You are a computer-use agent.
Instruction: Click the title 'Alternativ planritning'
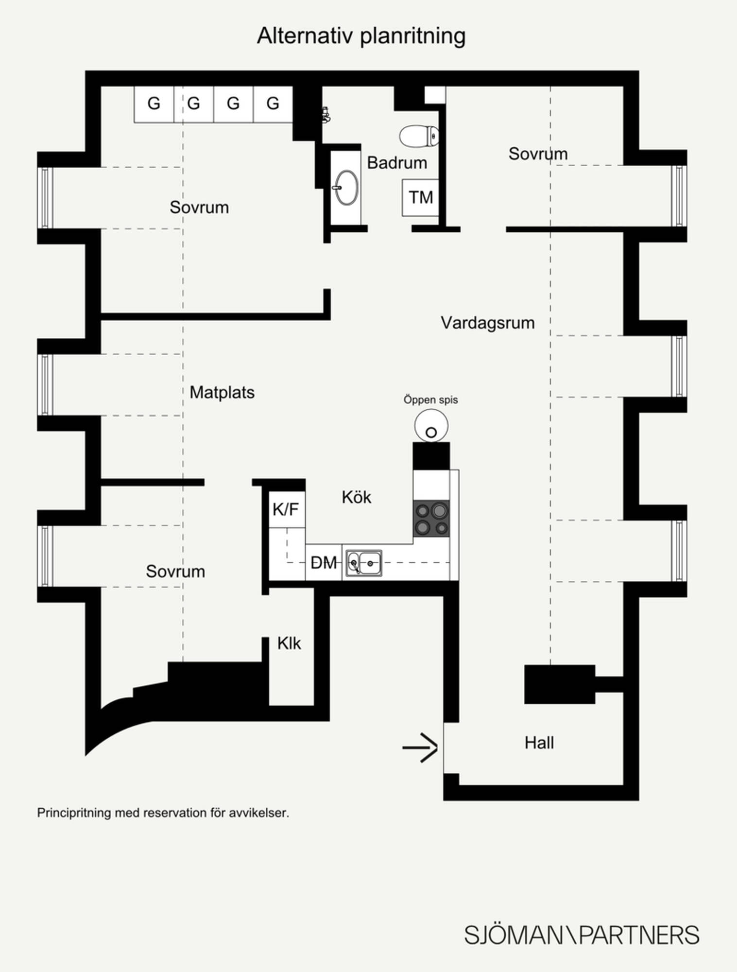[361, 36]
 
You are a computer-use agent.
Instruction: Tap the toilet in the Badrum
[419, 136]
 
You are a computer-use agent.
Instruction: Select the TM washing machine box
[421, 198]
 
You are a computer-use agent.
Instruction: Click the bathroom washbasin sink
[346, 188]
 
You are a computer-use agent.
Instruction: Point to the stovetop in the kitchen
[431, 519]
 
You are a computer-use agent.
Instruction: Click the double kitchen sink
[364, 563]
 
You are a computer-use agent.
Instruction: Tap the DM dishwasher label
[324, 563]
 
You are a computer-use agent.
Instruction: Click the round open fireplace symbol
[431, 426]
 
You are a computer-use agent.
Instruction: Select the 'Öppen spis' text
[431, 399]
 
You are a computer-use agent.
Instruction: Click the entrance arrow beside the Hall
[420, 747]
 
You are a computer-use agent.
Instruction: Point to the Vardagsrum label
[488, 323]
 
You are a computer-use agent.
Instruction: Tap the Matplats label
[222, 393]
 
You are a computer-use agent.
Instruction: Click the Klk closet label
[289, 643]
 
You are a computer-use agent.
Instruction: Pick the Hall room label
[539, 743]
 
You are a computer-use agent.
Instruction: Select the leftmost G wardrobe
[154, 104]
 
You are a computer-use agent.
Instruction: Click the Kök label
[356, 497]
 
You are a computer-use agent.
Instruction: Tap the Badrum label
[397, 163]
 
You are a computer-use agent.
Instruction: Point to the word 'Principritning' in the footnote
[74, 813]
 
